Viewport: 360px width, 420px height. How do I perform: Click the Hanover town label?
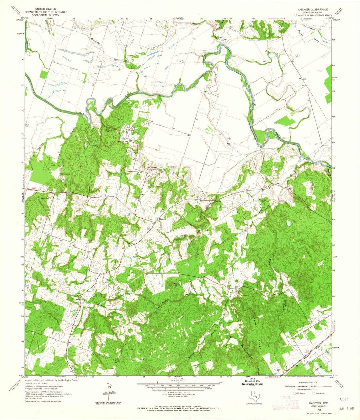(x=163, y=219)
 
